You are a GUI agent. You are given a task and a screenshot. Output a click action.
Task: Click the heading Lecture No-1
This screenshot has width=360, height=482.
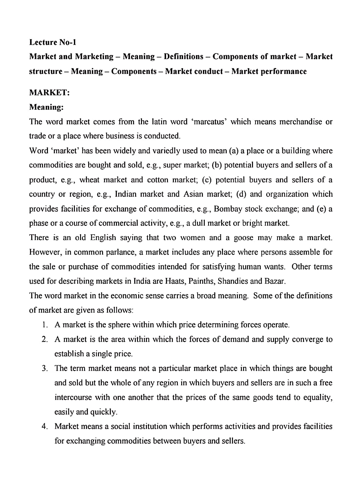[53, 42]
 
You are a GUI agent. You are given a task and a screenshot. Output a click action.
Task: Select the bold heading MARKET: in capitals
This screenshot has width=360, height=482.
[49, 92]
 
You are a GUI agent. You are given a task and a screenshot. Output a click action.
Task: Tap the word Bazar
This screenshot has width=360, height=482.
[275, 281]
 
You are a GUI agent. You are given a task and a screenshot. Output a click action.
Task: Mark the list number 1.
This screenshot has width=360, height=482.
[45, 325]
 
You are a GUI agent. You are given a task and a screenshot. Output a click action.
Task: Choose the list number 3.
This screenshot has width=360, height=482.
[45, 368]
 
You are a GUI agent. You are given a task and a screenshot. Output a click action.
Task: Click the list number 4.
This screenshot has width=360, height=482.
[45, 426]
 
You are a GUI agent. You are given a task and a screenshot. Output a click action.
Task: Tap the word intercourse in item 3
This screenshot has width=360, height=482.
[73, 397]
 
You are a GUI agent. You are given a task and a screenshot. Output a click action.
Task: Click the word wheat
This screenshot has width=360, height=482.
[89, 180]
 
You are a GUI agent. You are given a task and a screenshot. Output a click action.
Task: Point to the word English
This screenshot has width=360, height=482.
[103, 238]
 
